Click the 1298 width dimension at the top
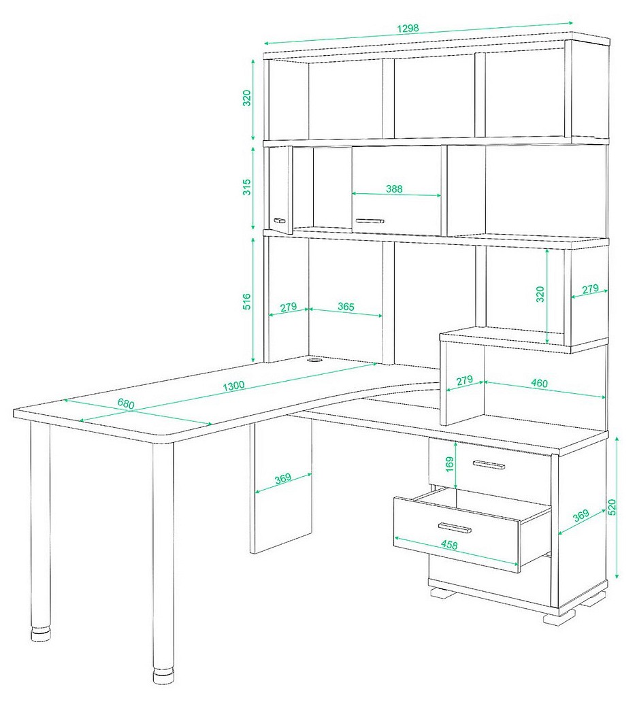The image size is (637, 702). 408,28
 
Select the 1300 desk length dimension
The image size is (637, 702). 234,386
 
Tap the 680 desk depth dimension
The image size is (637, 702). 126,403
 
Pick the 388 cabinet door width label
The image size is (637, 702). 394,189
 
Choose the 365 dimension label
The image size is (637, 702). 346,307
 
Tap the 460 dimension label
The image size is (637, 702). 539,383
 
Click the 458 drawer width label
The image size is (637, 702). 449,544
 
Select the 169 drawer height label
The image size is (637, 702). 451,465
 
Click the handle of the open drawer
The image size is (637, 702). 455,529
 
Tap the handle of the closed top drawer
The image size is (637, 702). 489,465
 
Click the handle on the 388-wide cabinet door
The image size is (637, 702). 370,220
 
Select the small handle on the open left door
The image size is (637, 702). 279,220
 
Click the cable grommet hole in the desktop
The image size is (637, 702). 315,359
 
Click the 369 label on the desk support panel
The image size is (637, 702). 283,478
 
